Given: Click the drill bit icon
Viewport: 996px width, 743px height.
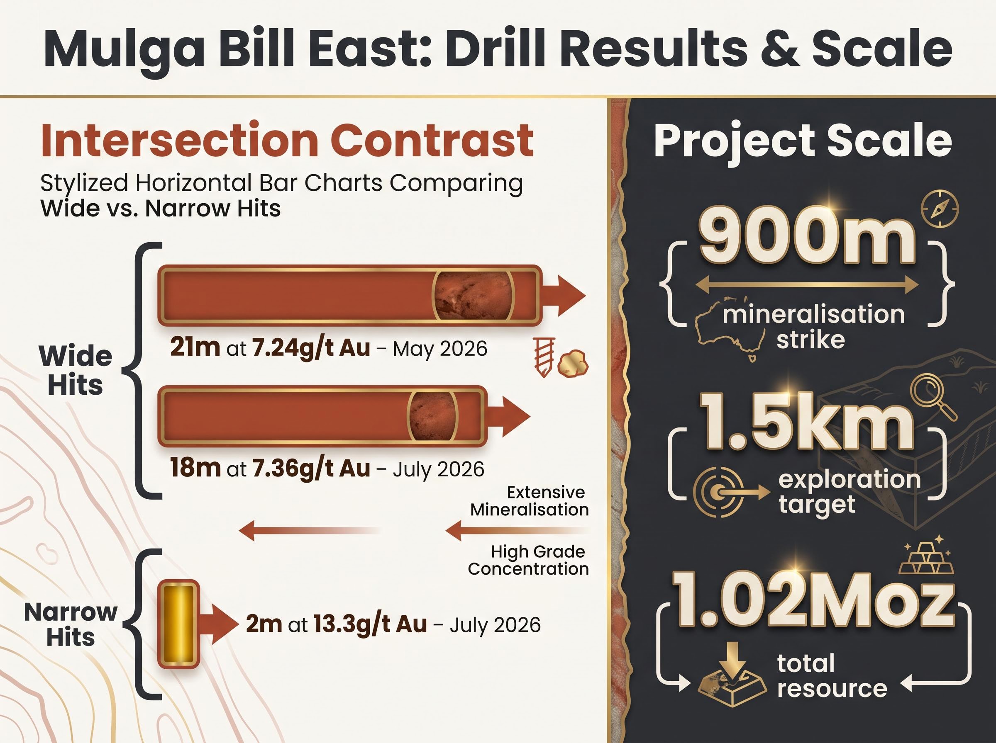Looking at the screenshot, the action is (544, 357).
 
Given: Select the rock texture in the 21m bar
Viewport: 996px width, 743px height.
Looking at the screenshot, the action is (473, 296).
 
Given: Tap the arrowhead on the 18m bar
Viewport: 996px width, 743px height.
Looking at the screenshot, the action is (515, 416).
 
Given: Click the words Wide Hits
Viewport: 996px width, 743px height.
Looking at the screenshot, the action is (76, 371).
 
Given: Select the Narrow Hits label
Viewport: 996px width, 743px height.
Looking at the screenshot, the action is (71, 624).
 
